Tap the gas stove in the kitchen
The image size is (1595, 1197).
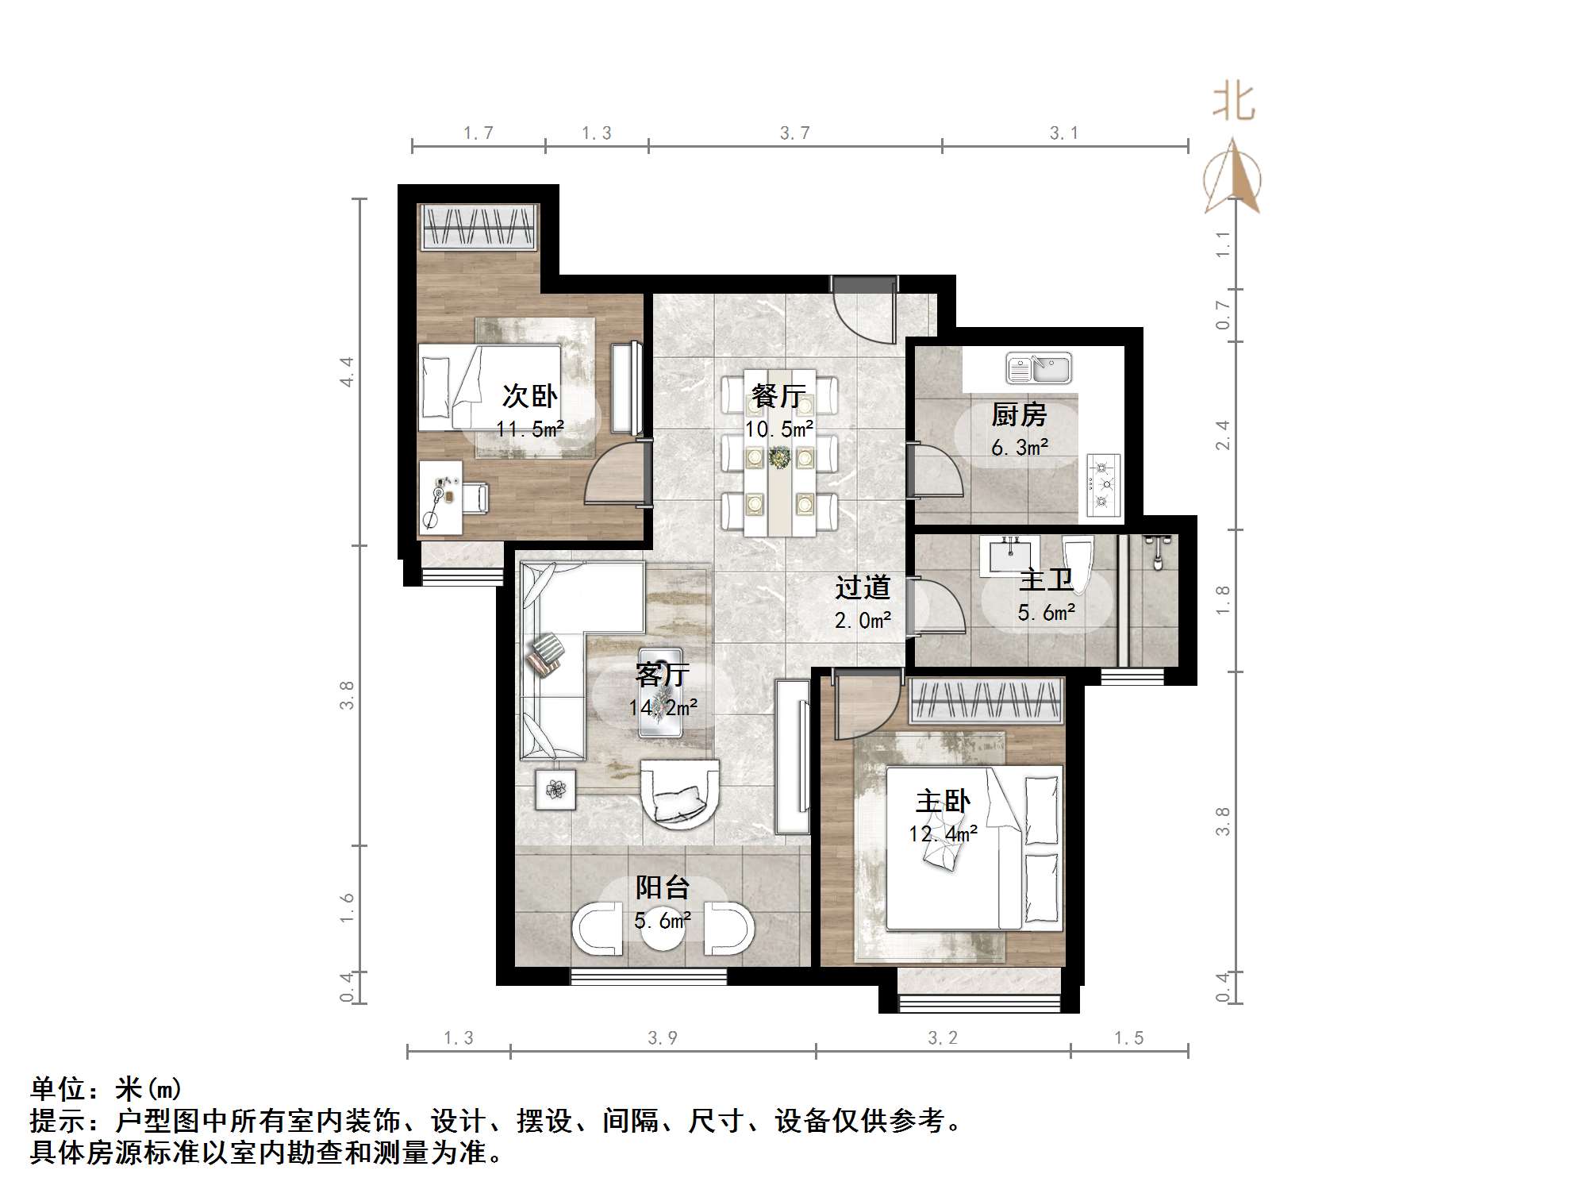tap(1103, 484)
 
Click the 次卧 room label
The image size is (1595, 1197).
tap(530, 395)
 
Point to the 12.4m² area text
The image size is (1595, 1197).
tap(943, 834)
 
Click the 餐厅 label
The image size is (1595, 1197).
tap(778, 395)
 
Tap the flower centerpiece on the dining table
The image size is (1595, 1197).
tap(779, 458)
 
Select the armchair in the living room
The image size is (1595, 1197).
tap(679, 794)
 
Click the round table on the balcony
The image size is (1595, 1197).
tap(663, 933)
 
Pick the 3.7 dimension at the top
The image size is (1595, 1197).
tap(795, 133)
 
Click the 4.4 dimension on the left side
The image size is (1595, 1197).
tap(347, 371)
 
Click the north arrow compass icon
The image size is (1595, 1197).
tap(1232, 179)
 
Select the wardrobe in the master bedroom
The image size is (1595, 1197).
tap(986, 701)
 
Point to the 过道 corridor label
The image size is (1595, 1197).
tap(863, 587)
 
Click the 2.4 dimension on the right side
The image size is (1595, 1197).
tap(1223, 435)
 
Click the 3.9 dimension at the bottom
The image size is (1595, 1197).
tap(663, 1037)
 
